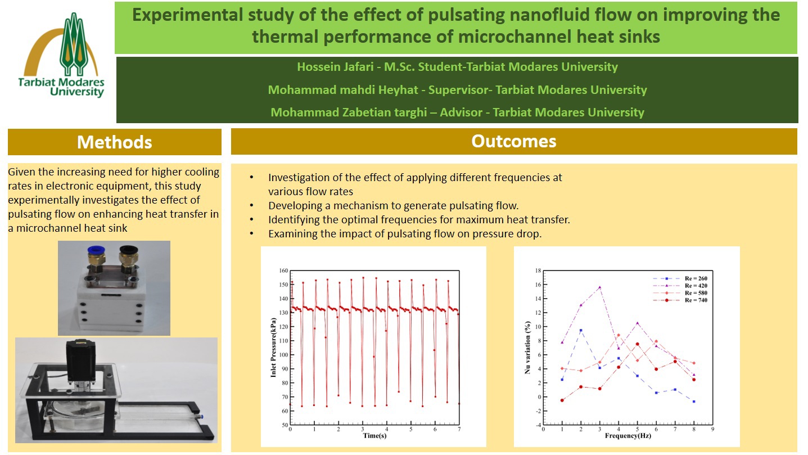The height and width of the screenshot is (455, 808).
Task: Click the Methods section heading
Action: tap(114, 142)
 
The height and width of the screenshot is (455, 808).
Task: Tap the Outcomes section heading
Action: tap(513, 141)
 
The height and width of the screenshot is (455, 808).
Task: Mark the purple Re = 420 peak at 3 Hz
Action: tap(599, 287)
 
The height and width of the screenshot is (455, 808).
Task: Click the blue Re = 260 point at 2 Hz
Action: tap(581, 330)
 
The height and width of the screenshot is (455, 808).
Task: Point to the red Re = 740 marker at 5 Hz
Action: tap(637, 344)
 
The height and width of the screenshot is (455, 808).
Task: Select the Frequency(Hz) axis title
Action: tap(628, 436)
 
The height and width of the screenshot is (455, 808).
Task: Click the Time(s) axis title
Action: tap(374, 436)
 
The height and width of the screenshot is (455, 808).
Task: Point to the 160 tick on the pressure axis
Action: tap(282, 271)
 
